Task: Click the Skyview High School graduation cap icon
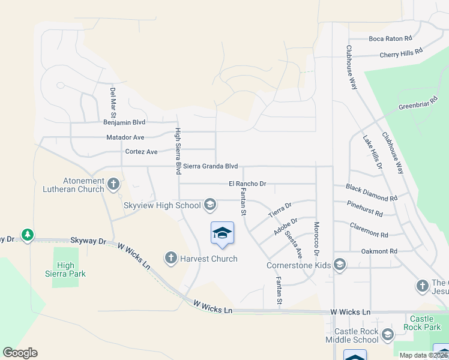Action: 209,205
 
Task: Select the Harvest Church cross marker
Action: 170,259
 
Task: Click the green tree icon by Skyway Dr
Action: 27,235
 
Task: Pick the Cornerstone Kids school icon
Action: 339,265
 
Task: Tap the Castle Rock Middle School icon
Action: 387,335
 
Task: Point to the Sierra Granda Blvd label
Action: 211,166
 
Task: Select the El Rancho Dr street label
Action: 247,184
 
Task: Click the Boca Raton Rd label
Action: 390,38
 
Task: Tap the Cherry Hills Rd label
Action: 401,54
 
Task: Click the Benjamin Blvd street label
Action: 124,122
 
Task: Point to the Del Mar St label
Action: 112,102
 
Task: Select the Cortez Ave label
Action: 141,152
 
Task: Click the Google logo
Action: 20,353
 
